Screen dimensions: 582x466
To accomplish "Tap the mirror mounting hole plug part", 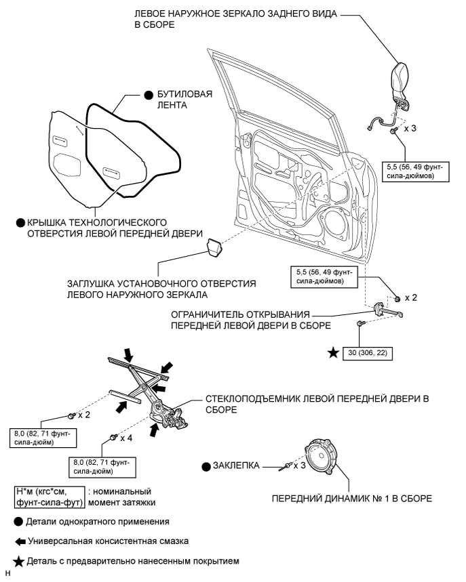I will tap(214, 247).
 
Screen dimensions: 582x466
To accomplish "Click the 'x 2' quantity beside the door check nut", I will tap(411, 298).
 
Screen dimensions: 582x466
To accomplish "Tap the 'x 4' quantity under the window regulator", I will tap(125, 438).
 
